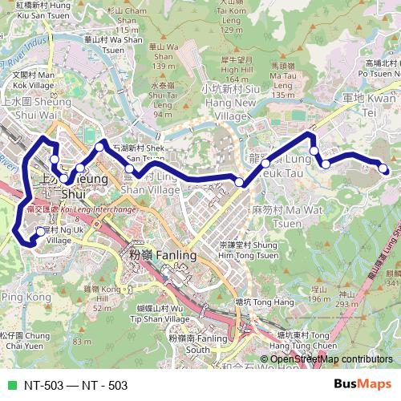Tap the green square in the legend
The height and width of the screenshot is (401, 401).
pyautogui.click(x=10, y=385)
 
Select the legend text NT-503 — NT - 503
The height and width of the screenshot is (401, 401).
pyautogui.click(x=75, y=385)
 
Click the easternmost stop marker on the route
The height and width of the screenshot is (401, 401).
pyautogui.click(x=383, y=168)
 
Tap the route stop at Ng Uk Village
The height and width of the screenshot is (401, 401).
pyautogui.click(x=40, y=232)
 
